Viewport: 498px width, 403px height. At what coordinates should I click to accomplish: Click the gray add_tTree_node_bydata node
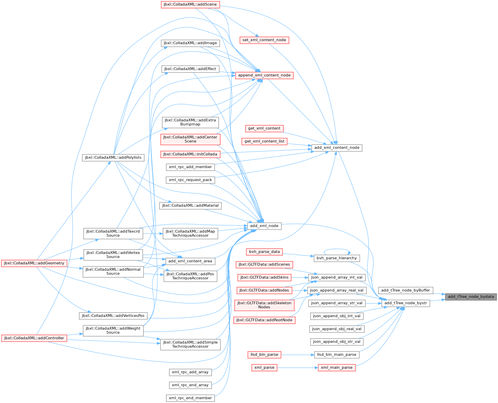click(x=471, y=297)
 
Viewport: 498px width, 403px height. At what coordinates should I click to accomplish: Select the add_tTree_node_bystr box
click(x=406, y=303)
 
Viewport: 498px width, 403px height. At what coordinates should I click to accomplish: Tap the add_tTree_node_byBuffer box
click(x=406, y=290)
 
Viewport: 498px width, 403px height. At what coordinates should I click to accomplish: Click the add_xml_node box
click(x=264, y=226)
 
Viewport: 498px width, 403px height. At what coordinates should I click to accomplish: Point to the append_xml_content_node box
click(x=264, y=75)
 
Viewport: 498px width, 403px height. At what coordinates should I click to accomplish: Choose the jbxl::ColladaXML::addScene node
click(x=190, y=4)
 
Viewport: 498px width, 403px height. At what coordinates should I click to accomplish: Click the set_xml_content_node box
click(x=264, y=40)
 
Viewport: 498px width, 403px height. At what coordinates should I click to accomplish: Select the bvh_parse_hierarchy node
click(x=337, y=258)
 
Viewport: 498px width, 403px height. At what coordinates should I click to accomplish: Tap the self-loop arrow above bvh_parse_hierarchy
click(x=337, y=249)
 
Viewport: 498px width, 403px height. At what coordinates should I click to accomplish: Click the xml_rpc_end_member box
click(x=190, y=398)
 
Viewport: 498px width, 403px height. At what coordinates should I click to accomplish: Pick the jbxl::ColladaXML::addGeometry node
click(x=34, y=263)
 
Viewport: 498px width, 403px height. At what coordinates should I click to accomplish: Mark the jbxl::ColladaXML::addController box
click(x=34, y=338)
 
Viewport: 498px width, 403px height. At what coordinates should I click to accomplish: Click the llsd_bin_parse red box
click(x=264, y=354)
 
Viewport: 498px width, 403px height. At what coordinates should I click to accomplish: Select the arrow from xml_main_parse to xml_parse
click(x=298, y=367)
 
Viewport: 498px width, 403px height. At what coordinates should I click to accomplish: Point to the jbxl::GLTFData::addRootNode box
click(x=264, y=320)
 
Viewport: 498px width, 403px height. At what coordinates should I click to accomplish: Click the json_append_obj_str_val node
click(x=337, y=342)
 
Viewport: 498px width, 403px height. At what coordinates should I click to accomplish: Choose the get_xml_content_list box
click(x=264, y=141)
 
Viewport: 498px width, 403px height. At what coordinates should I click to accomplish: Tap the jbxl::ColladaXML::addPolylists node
click(x=113, y=157)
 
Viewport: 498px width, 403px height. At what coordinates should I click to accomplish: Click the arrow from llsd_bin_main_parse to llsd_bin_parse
click(x=298, y=354)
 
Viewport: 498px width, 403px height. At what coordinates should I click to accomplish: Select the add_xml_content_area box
click(x=190, y=261)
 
